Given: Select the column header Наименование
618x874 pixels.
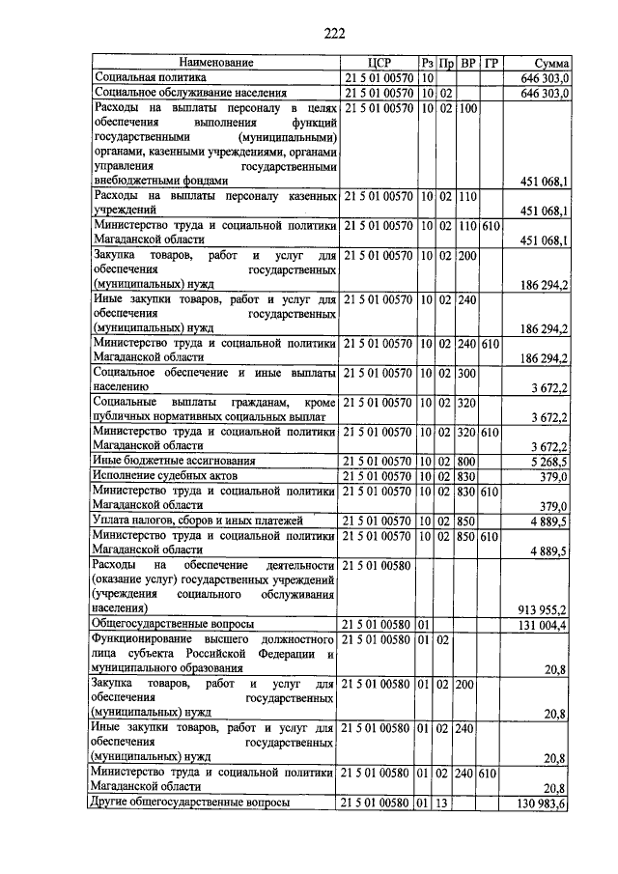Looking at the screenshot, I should pos(214,63).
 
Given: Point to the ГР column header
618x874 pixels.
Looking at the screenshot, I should pos(492,63).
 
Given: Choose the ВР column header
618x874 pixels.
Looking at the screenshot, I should pos(468,63).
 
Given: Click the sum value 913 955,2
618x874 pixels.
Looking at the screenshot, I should pos(543,609).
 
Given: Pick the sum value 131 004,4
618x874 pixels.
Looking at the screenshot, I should pos(543,625).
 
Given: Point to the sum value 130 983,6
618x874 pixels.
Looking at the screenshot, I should pos(543,803).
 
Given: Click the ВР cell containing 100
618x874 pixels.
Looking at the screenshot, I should pos(468,108).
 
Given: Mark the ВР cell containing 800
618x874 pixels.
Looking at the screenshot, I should pos(468,461).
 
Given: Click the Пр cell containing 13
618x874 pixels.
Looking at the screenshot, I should pos(445,803).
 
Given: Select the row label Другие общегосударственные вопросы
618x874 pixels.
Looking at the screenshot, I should pos(189,803).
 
